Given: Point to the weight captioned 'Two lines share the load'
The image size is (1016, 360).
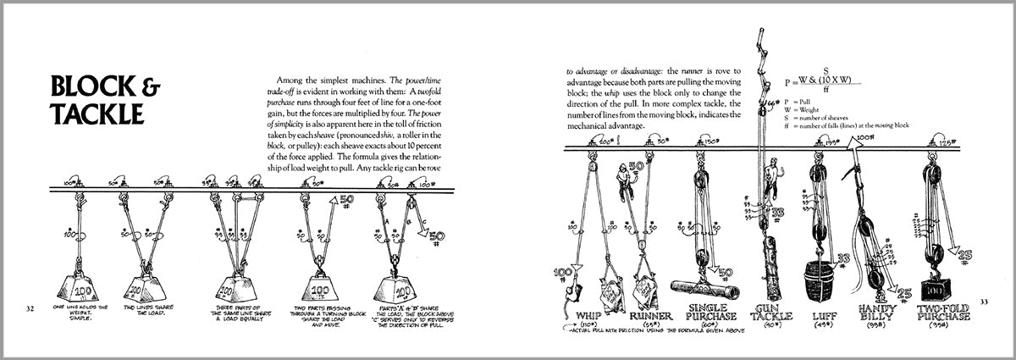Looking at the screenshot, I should click(146, 285).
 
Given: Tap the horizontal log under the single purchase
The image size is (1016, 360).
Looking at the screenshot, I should click(700, 289).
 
